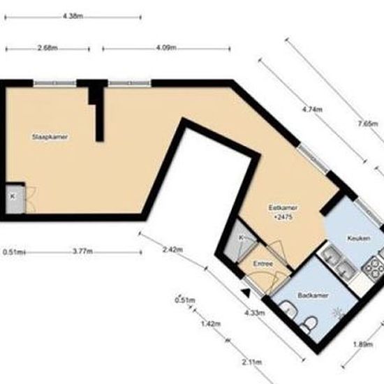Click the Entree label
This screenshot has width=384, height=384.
pyautogui.click(x=263, y=263)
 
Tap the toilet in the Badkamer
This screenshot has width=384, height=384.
pyautogui.click(x=311, y=322)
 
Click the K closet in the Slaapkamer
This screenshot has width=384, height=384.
pyautogui.click(x=13, y=198)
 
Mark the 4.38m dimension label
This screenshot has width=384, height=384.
pyautogui.click(x=73, y=15)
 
